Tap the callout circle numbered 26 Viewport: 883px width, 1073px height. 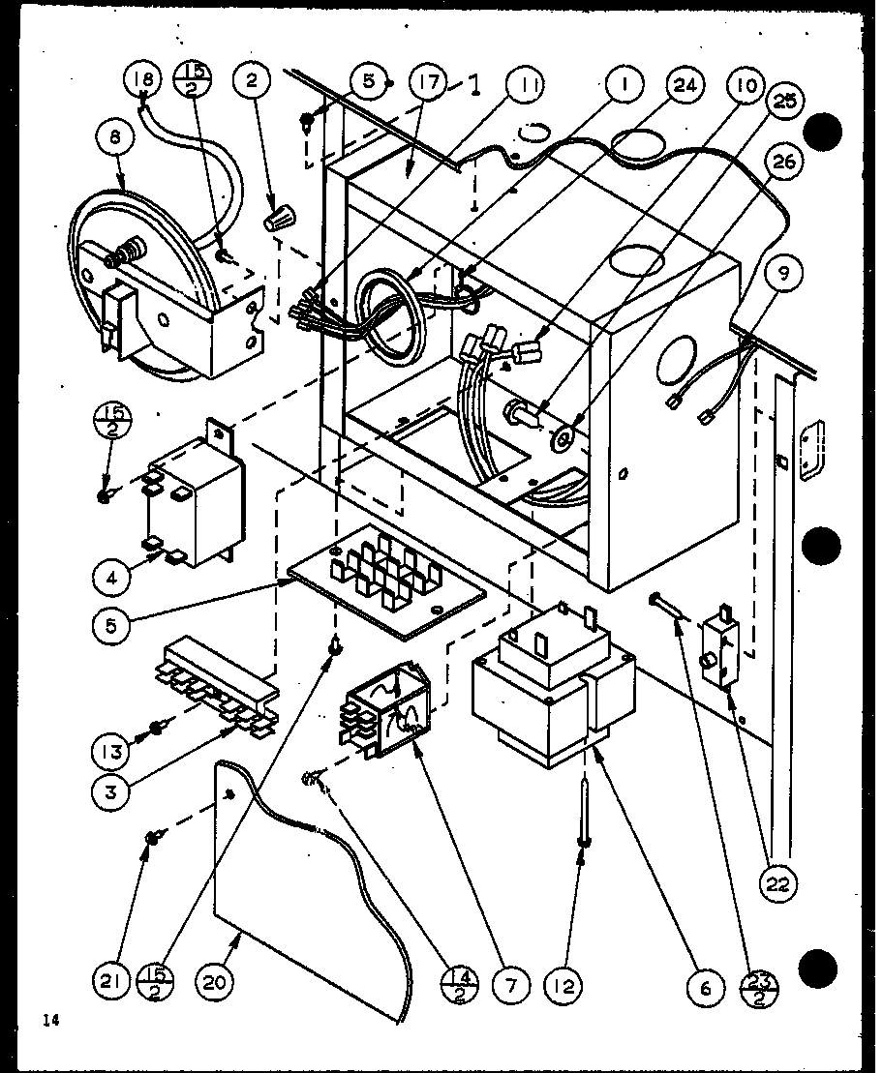click(783, 162)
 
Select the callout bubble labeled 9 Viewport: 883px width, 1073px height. click(782, 274)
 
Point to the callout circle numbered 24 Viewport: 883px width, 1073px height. click(684, 85)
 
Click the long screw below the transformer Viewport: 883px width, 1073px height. click(585, 813)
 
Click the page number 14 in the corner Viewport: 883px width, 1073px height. click(50, 1018)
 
